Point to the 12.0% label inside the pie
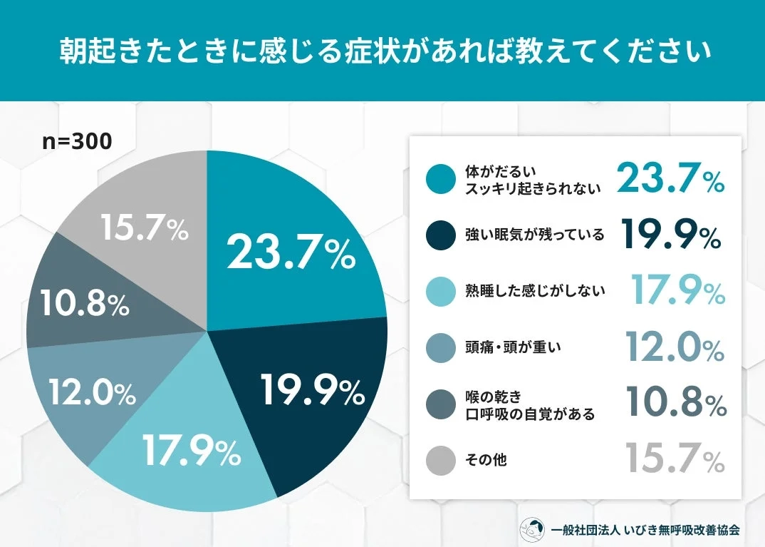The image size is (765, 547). tap(92, 392)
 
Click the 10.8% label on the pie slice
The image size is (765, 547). tap(84, 303)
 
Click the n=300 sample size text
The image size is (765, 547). tap(77, 141)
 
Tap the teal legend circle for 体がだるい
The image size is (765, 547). tap(440, 179)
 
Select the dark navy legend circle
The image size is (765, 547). tap(440, 235)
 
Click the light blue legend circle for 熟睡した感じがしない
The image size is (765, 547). tap(440, 291)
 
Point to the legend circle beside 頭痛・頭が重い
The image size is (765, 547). tap(440, 347)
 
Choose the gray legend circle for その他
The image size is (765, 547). tap(440, 460)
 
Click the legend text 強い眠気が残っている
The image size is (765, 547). tap(534, 235)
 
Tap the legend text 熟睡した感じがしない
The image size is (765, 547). tap(534, 291)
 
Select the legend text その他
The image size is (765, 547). tap(486, 460)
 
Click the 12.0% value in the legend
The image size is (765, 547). tap(675, 347)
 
